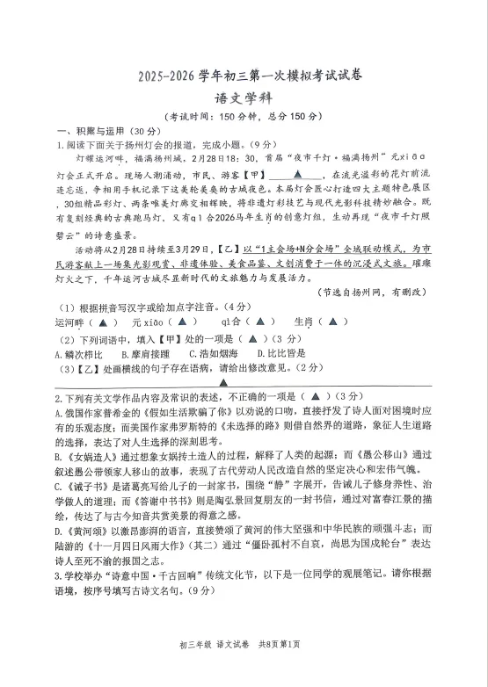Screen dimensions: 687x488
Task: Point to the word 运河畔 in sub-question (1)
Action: pos(70,322)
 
